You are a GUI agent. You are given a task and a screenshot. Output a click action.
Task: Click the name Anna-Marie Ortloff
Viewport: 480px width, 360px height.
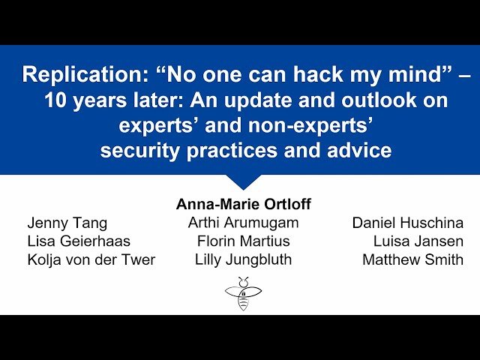pos(243,204)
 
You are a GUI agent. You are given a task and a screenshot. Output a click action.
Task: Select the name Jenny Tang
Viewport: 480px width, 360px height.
pos(67,223)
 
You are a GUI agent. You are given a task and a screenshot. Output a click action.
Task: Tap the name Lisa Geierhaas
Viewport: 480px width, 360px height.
pos(79,241)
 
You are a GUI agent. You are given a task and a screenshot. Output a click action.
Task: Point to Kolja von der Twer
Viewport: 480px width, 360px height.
pos(91,260)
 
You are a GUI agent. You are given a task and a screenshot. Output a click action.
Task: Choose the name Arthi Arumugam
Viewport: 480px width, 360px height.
pos(243,223)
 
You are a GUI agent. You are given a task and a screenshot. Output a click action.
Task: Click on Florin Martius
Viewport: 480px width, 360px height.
pos(243,241)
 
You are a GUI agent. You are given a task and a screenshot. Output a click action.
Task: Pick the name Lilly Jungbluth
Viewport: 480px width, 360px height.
pos(243,260)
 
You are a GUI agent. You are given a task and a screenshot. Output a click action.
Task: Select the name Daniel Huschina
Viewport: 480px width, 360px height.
pos(407,223)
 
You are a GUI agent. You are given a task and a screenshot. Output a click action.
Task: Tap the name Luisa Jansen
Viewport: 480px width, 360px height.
pos(418,241)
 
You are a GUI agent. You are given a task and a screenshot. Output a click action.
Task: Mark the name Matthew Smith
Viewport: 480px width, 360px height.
pos(412,260)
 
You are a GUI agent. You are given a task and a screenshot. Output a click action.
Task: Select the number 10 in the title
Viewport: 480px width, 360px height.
pos(57,100)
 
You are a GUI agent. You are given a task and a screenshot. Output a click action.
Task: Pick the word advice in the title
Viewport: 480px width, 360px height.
pos(355,151)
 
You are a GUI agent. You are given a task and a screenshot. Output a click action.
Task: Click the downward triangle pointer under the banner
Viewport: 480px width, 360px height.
pos(243,181)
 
